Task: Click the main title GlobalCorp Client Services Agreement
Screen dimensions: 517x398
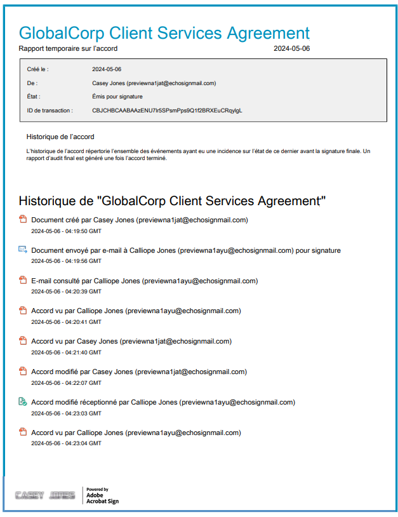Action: [x=164, y=33]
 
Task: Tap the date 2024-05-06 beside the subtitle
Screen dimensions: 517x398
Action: [x=292, y=48]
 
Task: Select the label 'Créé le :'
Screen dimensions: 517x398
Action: [x=38, y=69]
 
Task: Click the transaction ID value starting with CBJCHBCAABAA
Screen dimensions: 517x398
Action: [x=167, y=111]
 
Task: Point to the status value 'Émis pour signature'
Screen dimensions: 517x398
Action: [x=117, y=97]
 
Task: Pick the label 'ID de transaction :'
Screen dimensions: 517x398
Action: [x=50, y=111]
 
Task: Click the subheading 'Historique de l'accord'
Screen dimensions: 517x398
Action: [x=60, y=137]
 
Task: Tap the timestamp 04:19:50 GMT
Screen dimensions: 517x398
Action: [x=66, y=231]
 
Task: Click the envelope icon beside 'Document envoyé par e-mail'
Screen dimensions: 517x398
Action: [x=22, y=250]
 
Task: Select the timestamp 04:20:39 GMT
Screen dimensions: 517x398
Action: [x=66, y=292]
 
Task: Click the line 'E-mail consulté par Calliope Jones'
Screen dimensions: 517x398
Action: [x=144, y=281]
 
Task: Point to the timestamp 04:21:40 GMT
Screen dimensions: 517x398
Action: [x=66, y=352]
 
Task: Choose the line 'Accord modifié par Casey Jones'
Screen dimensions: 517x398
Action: [x=139, y=372]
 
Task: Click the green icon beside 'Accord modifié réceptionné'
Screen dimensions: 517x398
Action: [x=22, y=402]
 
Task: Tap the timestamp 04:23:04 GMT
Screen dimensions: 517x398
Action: [x=66, y=443]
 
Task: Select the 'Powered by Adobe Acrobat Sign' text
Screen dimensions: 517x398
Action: [x=102, y=495]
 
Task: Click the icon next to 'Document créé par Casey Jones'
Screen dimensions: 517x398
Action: [x=22, y=220]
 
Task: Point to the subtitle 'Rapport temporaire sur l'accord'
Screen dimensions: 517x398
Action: [x=68, y=48]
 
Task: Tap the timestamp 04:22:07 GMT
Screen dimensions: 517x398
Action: [x=66, y=382]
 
